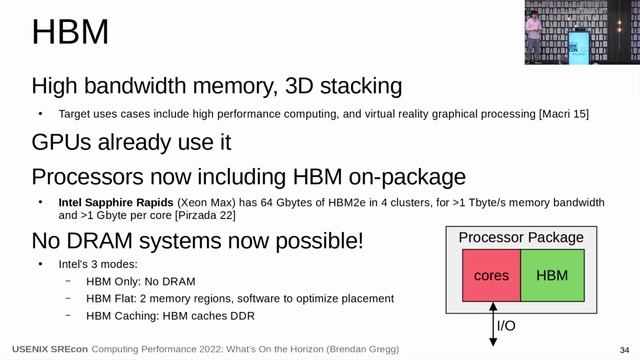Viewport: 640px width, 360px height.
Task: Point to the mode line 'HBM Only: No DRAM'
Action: tap(143, 282)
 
